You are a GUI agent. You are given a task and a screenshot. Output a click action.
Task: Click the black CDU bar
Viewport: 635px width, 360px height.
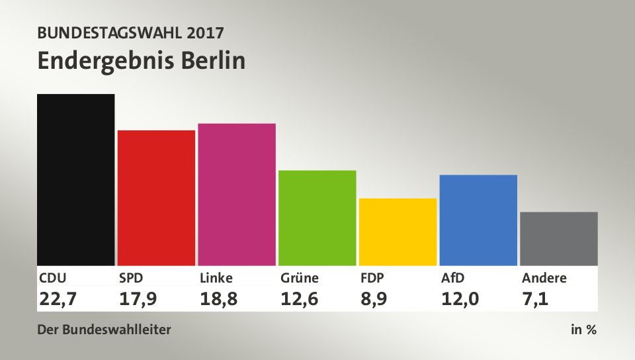(x=76, y=179)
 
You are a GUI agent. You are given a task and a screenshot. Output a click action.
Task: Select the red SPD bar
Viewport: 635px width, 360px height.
(x=156, y=198)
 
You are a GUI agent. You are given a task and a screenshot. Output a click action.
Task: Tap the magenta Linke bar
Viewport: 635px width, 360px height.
(x=237, y=194)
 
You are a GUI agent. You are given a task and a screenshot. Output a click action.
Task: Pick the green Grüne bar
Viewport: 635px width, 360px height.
(x=317, y=218)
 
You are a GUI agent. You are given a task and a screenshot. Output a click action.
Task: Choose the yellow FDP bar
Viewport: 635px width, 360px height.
(x=398, y=232)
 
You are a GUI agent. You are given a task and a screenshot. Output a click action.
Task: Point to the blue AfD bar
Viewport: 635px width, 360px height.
(x=478, y=220)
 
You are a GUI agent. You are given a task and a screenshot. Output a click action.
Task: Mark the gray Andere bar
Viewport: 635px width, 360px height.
(x=559, y=238)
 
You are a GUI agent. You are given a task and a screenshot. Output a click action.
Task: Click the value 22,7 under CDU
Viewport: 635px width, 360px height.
(x=58, y=299)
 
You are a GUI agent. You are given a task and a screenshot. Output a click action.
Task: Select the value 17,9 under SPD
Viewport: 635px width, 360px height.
(x=139, y=299)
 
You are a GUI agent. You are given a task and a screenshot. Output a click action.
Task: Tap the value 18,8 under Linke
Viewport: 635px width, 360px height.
(x=219, y=299)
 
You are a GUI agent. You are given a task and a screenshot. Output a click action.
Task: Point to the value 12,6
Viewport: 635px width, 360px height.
(x=300, y=299)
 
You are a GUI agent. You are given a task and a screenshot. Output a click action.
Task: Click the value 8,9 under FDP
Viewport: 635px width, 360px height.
(x=374, y=299)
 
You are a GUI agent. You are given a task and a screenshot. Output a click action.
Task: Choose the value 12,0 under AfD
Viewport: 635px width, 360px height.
(x=460, y=299)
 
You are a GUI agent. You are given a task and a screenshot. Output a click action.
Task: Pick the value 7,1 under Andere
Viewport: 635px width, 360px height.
(x=534, y=299)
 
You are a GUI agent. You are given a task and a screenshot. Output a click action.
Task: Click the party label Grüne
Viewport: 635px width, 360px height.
(x=299, y=278)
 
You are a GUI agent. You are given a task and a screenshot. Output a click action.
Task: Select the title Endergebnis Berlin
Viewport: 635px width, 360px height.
(x=142, y=61)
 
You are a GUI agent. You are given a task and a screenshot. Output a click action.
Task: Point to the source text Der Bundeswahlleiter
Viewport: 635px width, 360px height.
(x=105, y=330)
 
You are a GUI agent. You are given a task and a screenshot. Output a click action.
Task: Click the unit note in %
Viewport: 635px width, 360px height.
(x=583, y=330)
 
